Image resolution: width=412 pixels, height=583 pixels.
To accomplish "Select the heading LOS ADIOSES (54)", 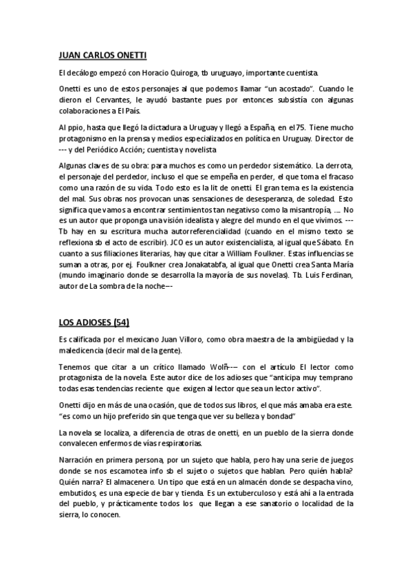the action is point(94,322).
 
